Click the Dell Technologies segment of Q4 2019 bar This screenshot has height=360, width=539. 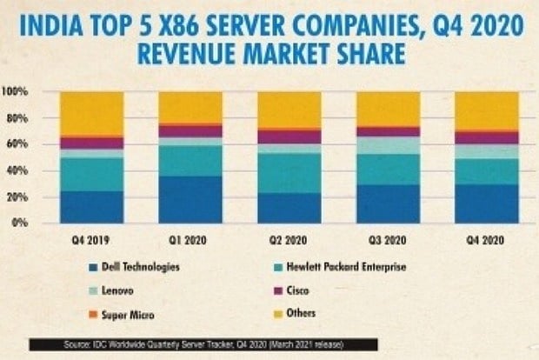(91, 207)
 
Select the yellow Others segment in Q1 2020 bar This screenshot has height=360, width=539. (190, 107)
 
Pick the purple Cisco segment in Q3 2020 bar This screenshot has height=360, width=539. (388, 131)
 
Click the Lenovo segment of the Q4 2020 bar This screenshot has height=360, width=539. (487, 151)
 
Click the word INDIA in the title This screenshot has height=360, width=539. (50, 21)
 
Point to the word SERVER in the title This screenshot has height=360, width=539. (261, 21)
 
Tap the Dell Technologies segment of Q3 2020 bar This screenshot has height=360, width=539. (388, 203)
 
